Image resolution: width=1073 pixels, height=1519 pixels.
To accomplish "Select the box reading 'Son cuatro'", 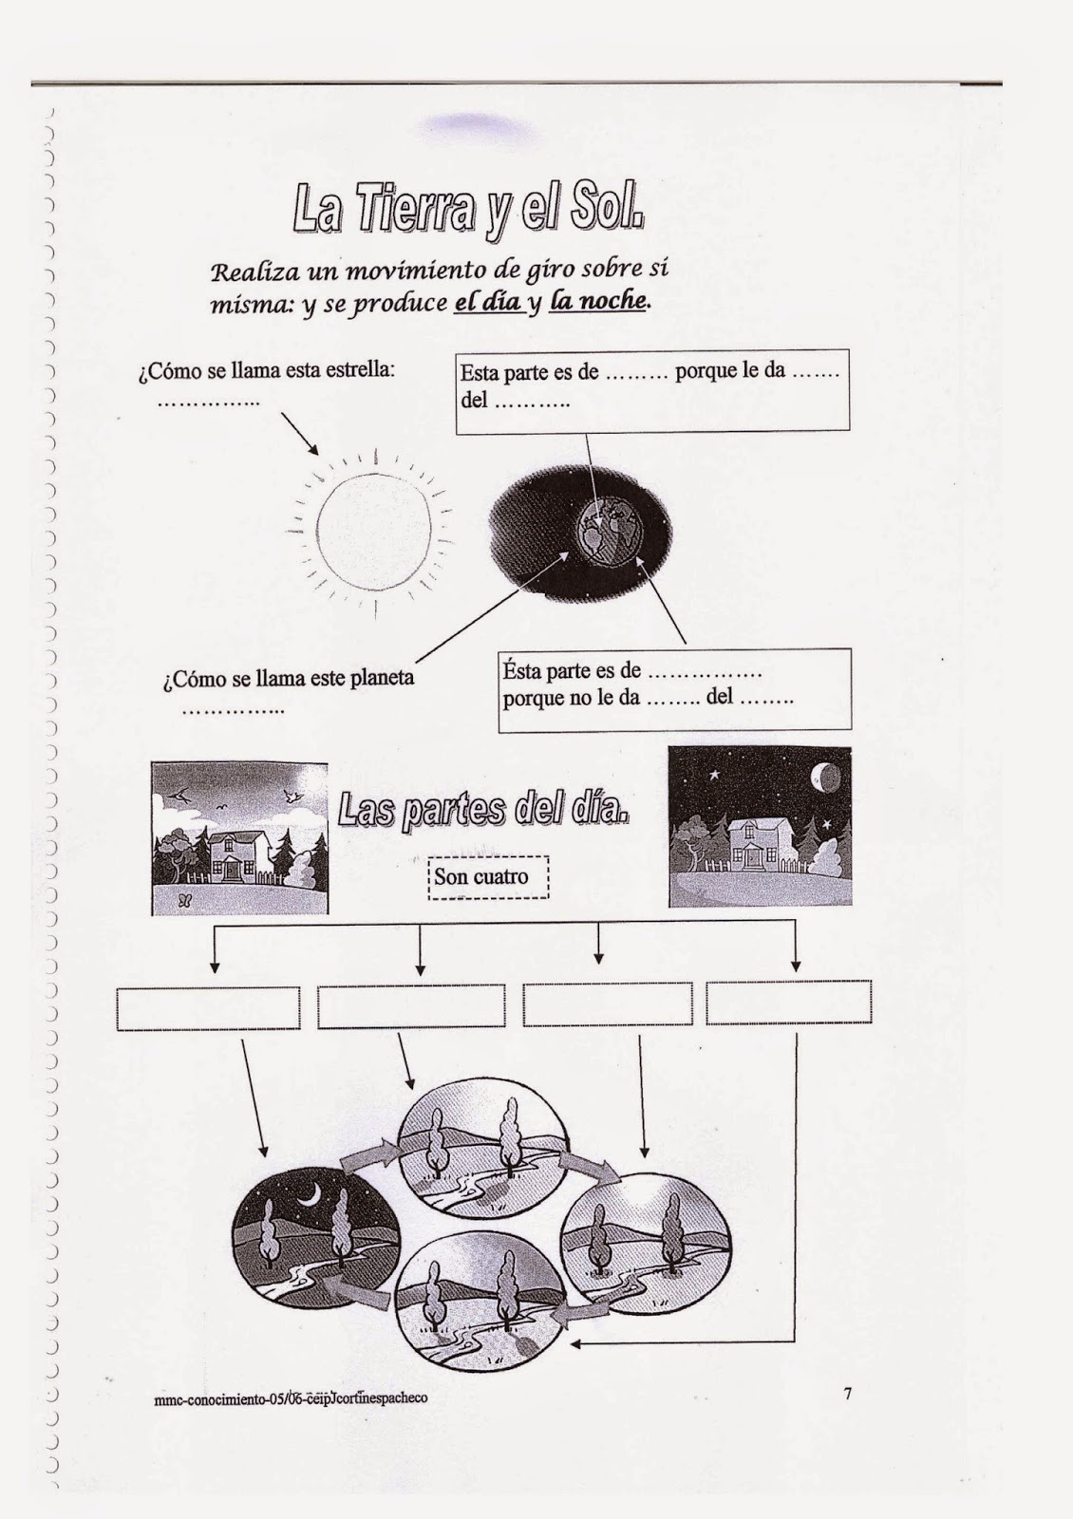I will [489, 876].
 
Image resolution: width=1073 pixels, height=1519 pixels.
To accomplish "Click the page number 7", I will [847, 1394].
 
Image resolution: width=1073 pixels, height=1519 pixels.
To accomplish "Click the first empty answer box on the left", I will [208, 1008].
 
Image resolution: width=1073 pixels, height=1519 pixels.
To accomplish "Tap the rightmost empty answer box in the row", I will [788, 1003].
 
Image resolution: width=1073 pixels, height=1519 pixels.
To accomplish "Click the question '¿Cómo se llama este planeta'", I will [289, 679].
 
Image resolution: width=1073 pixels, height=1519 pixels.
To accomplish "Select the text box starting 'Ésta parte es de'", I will [673, 689].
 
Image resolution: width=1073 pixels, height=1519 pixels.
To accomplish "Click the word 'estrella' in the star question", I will [360, 369].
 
